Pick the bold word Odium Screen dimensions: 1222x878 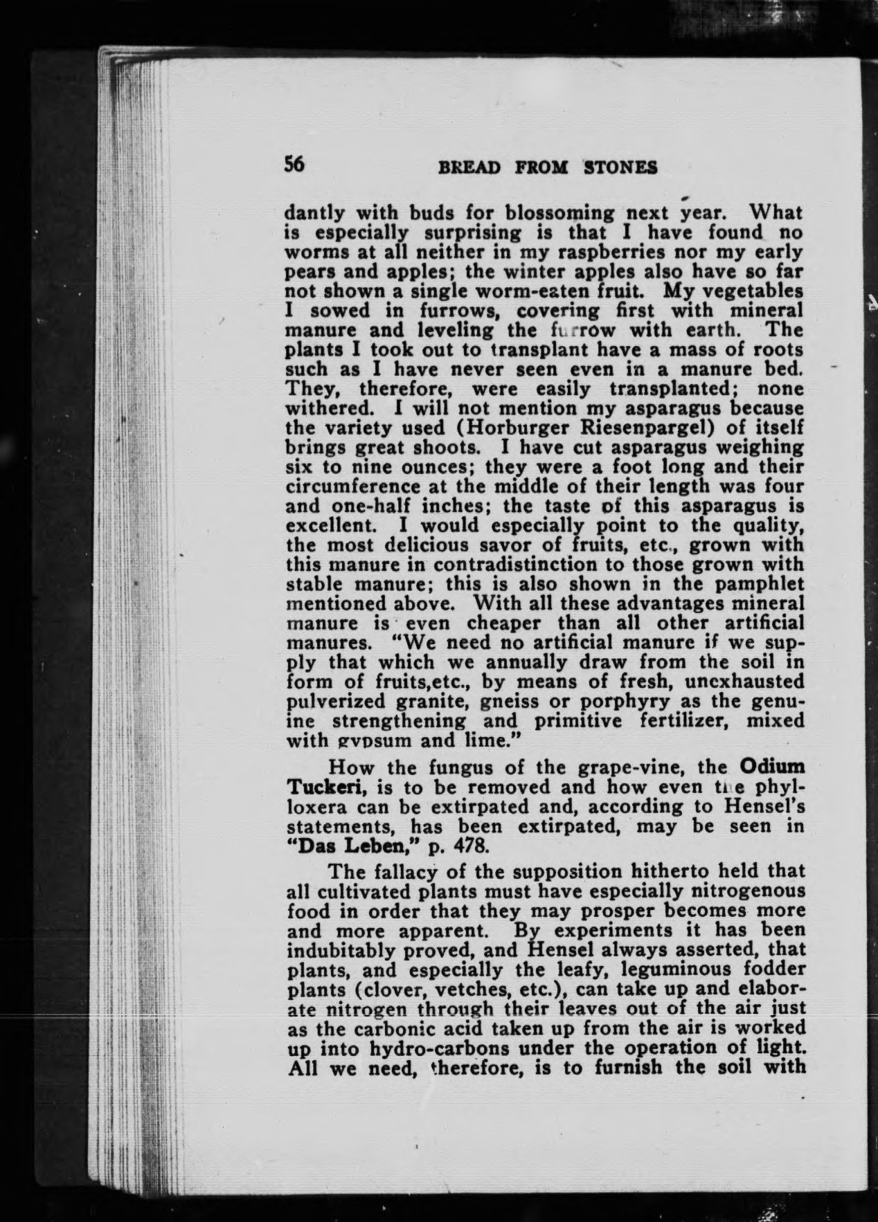[x=771, y=767]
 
